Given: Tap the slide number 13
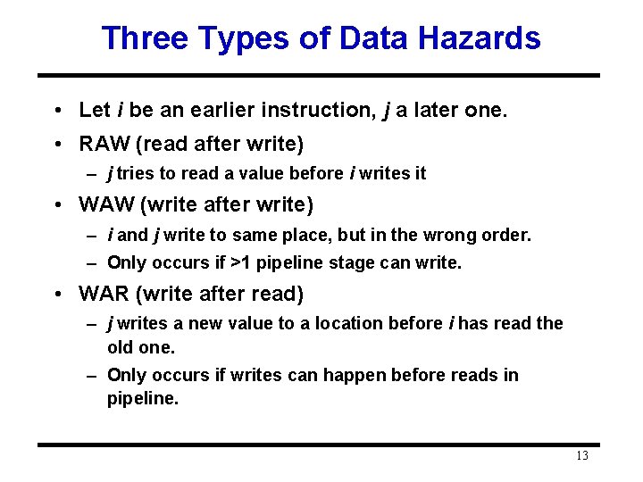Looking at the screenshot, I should [x=581, y=456].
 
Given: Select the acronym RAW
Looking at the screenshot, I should [x=103, y=143].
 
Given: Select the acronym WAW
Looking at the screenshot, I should [x=104, y=205].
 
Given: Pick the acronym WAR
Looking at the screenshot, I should [x=104, y=294].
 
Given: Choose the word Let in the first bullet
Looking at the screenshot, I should [x=94, y=110].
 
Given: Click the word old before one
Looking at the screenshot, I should [x=120, y=346].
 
